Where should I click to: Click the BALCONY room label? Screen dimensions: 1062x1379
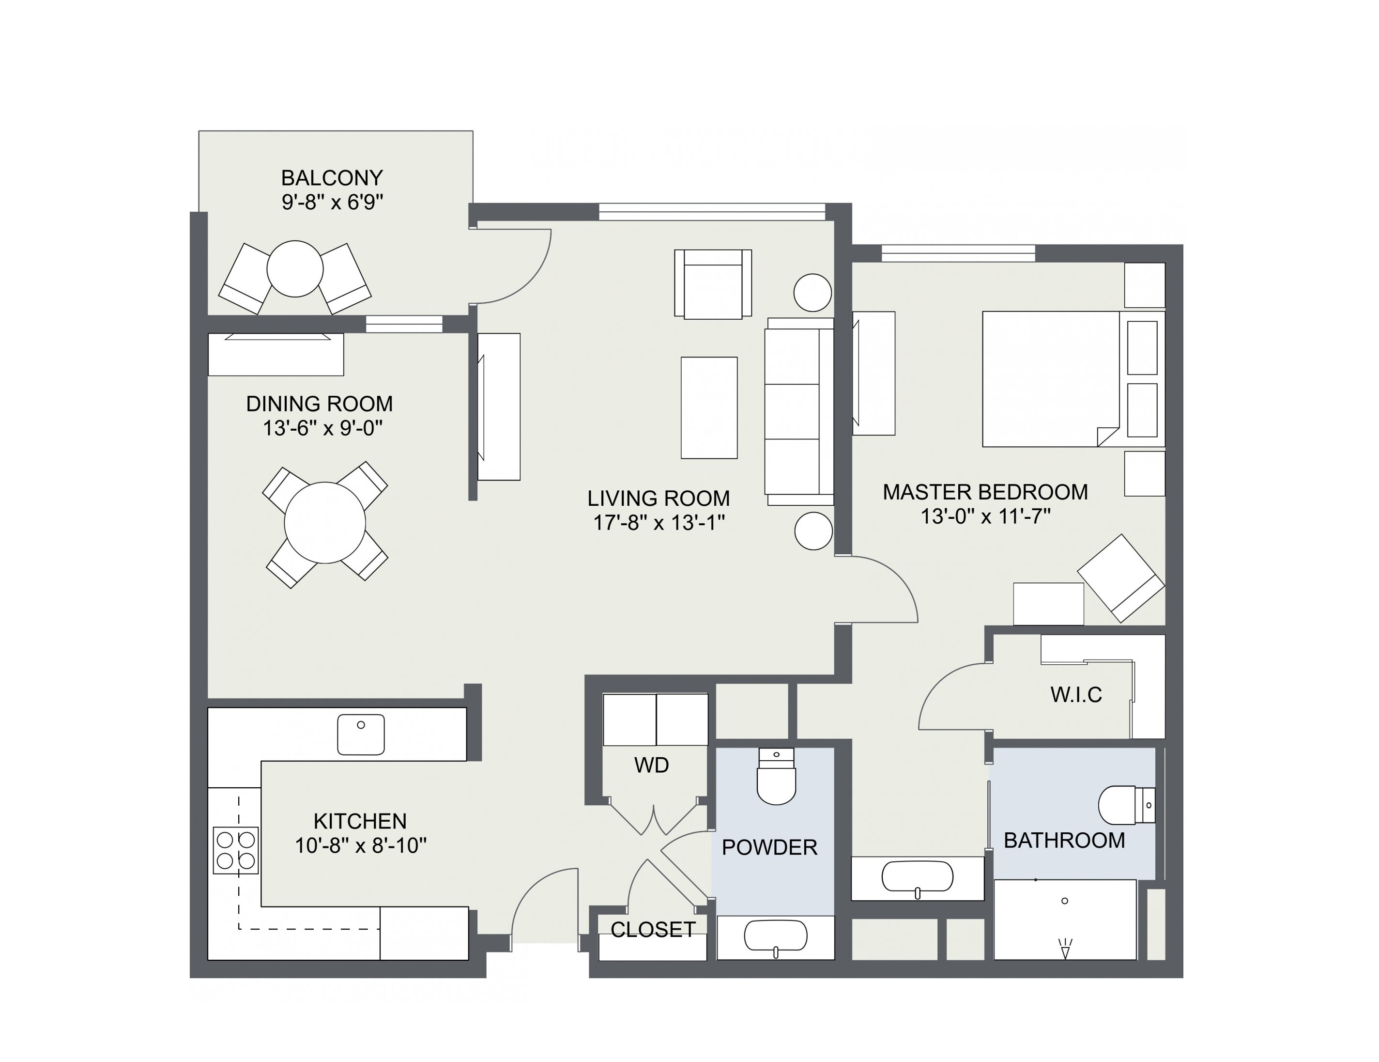332,177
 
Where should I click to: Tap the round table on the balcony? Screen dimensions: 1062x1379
295,268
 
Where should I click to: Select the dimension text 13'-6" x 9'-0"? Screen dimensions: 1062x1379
322,428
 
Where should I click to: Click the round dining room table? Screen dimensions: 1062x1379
324,522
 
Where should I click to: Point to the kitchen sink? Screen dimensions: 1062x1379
361,734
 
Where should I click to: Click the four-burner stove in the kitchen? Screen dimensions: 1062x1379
235,850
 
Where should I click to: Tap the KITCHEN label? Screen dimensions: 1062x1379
360,821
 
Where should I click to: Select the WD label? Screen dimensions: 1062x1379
651,765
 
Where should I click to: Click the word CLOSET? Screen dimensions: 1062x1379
653,929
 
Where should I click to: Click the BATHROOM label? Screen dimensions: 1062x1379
1064,840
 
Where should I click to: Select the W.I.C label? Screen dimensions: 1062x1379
1076,695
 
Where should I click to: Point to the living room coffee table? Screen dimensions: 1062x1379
708,407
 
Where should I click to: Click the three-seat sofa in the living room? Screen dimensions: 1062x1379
798,411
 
